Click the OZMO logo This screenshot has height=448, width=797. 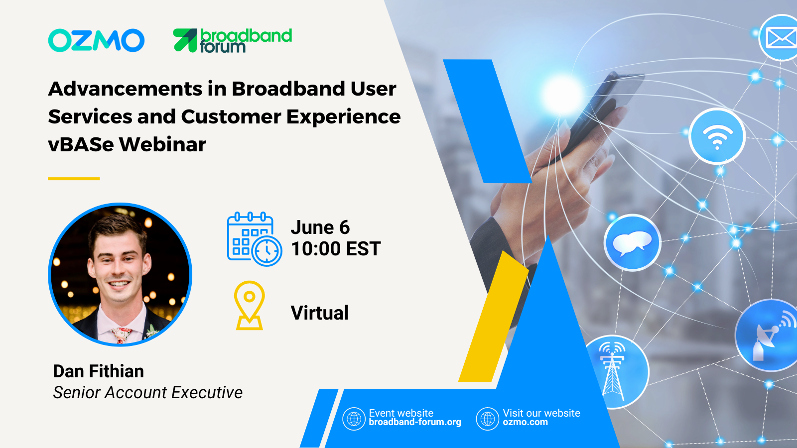(x=96, y=40)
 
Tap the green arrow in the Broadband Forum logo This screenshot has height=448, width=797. (x=185, y=40)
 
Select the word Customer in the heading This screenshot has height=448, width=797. (x=231, y=116)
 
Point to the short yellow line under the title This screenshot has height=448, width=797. (x=74, y=179)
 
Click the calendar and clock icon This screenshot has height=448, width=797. (x=255, y=239)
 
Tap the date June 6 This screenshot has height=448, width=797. (x=320, y=227)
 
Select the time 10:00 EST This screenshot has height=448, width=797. (x=336, y=248)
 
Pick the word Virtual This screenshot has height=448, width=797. (x=319, y=313)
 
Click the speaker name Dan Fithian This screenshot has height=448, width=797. (x=99, y=371)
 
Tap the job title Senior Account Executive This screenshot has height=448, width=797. (x=147, y=393)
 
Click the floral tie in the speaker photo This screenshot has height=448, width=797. (x=121, y=336)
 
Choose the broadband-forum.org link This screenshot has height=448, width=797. (x=415, y=422)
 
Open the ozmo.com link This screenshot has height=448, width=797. (x=525, y=422)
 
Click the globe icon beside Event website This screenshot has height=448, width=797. (x=354, y=419)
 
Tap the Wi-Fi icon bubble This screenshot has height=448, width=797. (x=717, y=136)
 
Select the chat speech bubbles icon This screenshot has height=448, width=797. (x=632, y=243)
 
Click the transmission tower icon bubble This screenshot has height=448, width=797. (x=616, y=371)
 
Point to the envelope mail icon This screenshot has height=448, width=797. (x=781, y=38)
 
